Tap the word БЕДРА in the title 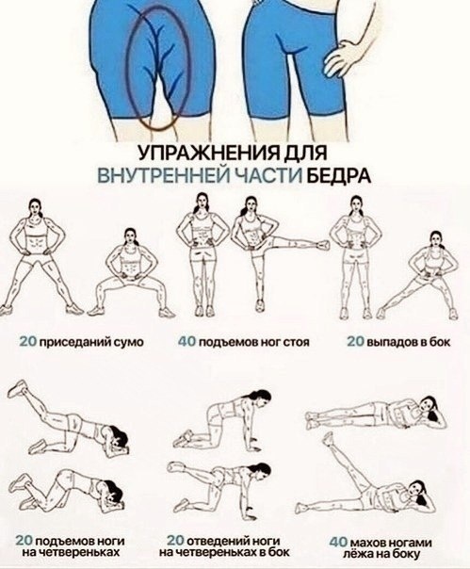[x=339, y=175]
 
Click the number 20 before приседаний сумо [x=28, y=341]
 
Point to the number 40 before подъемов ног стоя [x=186, y=341]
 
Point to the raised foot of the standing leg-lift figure [x=322, y=245]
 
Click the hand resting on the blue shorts [x=340, y=56]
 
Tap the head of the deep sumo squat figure [x=131, y=237]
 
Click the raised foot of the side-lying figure [x=328, y=438]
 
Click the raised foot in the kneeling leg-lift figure [x=17, y=389]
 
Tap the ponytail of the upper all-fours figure [x=267, y=398]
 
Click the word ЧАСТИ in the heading [x=268, y=175]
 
